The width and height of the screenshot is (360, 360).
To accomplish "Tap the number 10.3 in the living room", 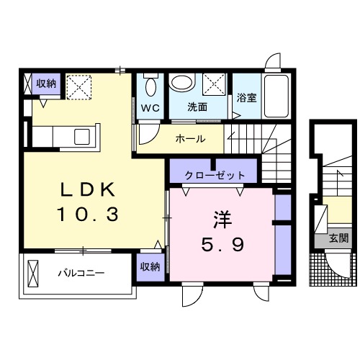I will pyautogui.click(x=88, y=214).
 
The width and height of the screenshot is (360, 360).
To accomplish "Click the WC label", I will pyautogui.click(x=150, y=108).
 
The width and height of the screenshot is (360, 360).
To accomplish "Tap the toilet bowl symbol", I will pyautogui.click(x=150, y=86).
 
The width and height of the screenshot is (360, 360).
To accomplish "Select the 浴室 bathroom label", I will pyautogui.click(x=247, y=98).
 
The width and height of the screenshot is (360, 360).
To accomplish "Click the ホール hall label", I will pyautogui.click(x=191, y=139).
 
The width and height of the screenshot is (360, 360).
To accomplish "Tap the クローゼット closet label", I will pyautogui.click(x=215, y=175).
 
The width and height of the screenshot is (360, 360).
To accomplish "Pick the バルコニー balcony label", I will pyautogui.click(x=82, y=274).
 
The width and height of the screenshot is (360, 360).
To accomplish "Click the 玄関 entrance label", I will pyautogui.click(x=338, y=238).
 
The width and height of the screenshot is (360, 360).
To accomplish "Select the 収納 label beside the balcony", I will pyautogui.click(x=150, y=266).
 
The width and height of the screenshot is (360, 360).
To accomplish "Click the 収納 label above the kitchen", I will pyautogui.click(x=46, y=84).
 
